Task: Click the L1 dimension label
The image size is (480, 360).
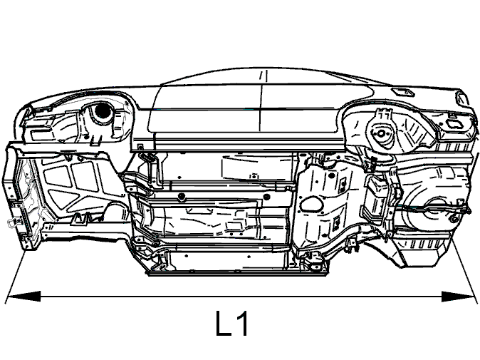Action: [231, 324]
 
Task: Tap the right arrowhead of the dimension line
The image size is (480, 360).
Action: [458, 297]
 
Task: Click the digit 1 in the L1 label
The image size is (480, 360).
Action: [242, 324]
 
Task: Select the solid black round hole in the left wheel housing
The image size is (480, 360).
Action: [102, 111]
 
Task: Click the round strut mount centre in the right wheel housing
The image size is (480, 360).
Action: [381, 133]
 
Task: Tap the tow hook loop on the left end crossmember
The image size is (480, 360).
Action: [11, 222]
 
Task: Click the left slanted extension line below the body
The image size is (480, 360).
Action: [15, 277]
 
